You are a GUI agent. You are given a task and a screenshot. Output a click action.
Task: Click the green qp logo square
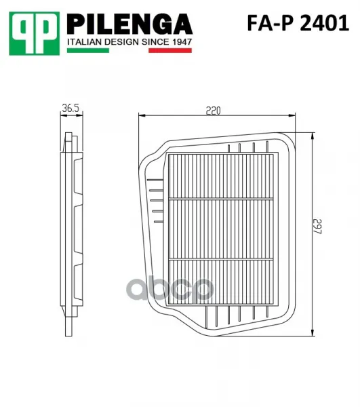pyautogui.click(x=34, y=33)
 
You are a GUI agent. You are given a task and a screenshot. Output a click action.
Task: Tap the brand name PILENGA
pyautogui.click(x=129, y=24)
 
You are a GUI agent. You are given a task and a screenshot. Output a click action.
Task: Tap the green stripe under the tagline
pyautogui.click(x=88, y=50)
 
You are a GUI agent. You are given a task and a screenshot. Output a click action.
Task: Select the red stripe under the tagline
pyautogui.click(x=170, y=50)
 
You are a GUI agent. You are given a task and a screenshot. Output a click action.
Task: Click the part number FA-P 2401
pyautogui.click(x=298, y=23)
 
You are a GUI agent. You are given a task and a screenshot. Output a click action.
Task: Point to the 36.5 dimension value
pyautogui.click(x=71, y=108)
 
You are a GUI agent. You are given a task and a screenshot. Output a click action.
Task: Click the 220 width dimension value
pyautogui.click(x=213, y=111)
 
